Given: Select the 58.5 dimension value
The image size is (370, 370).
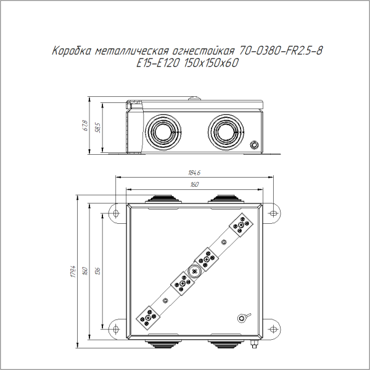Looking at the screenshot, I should click(x=97, y=127).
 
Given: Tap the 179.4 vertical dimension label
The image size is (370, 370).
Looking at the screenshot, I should click(x=72, y=271).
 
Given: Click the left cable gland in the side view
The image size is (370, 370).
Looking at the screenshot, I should click(x=165, y=130).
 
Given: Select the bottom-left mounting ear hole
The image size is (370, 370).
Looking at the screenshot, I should click(x=115, y=327).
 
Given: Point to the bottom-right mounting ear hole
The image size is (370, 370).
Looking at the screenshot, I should click(x=272, y=327).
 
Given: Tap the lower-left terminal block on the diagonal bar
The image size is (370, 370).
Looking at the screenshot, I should click(x=149, y=317).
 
